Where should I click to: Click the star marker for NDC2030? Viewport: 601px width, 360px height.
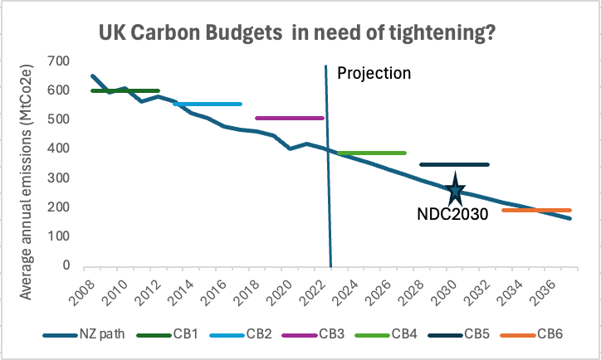[x=455, y=191]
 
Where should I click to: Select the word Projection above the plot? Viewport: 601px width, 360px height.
[x=374, y=73]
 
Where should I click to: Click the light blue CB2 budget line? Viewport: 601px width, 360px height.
[x=207, y=104]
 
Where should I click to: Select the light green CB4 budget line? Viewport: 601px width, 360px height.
[x=371, y=153]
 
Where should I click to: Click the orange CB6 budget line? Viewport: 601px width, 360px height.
[x=536, y=210]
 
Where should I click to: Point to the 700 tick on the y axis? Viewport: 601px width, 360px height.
[x=58, y=61]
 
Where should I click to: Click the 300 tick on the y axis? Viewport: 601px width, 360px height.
[x=58, y=178]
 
